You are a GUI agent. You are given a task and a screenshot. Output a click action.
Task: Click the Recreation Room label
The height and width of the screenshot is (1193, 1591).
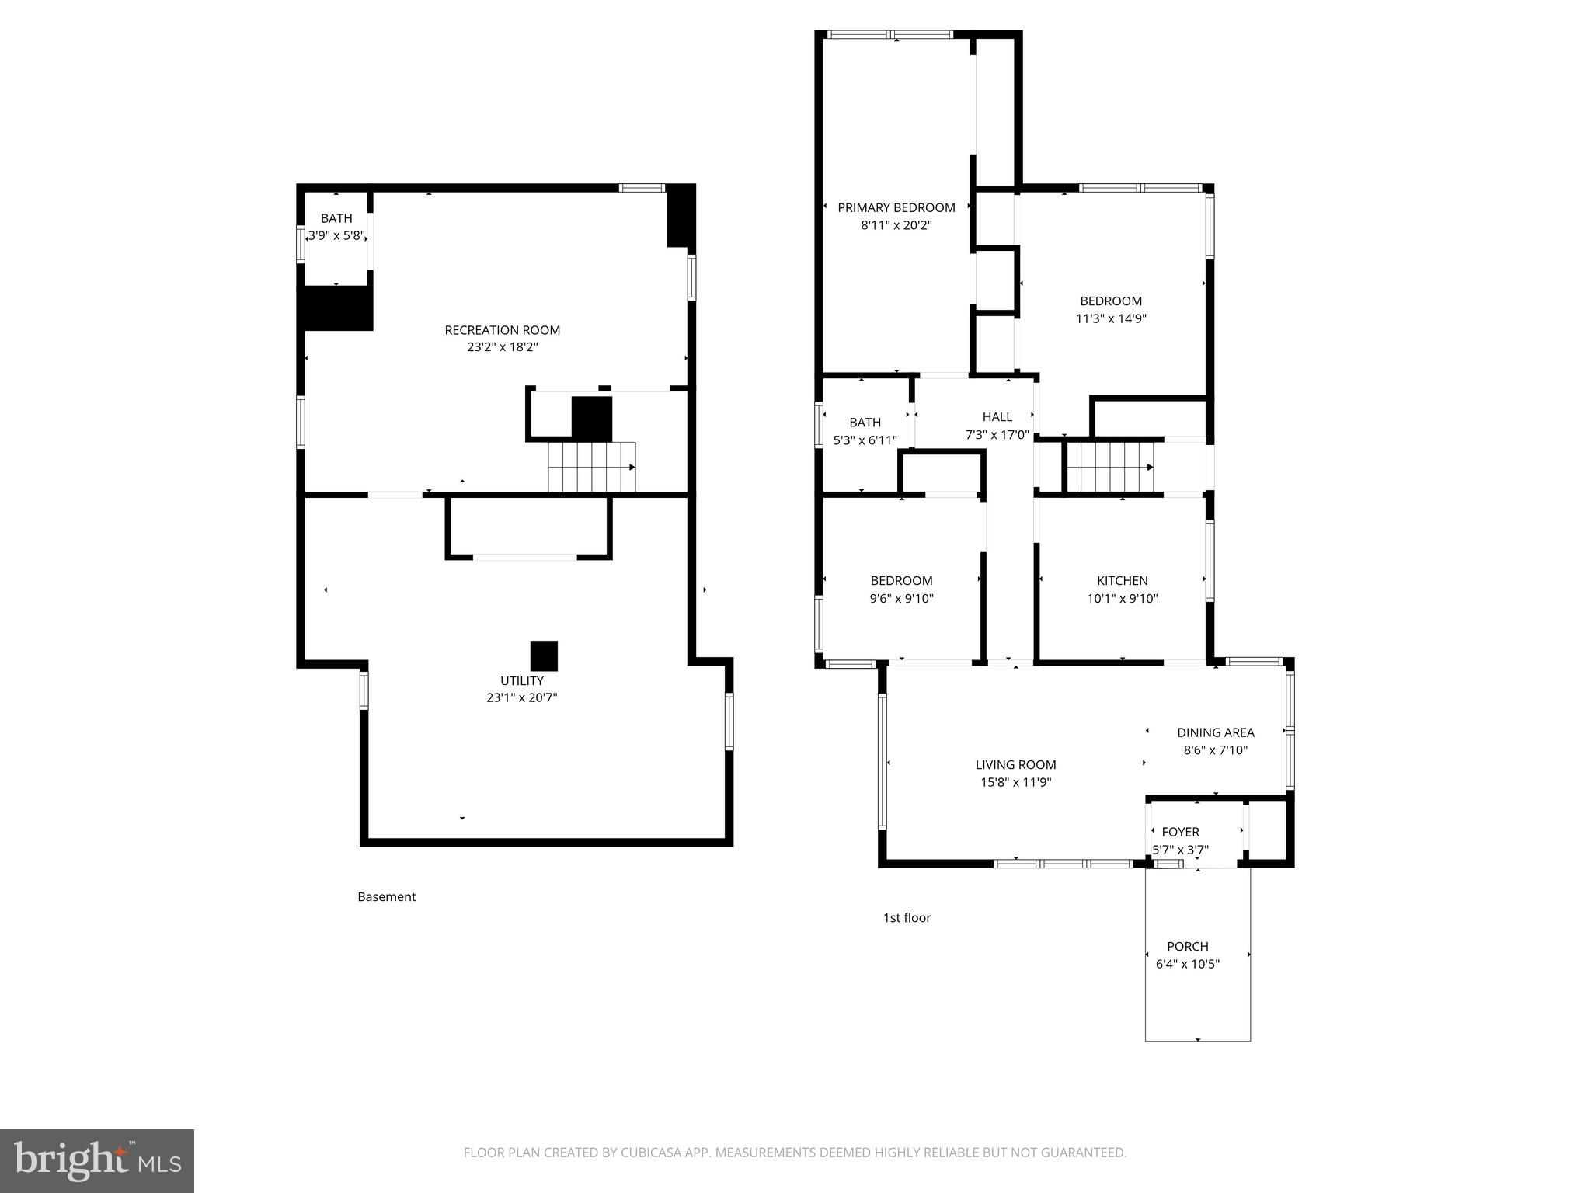coord(502,330)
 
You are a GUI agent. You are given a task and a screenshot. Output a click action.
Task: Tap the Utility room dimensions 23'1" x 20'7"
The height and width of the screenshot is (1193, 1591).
coord(521,697)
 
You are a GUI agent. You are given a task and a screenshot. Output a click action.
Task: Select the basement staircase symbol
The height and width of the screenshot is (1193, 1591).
coord(591,467)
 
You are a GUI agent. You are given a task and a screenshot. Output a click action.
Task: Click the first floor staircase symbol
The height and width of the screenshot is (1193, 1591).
coord(1109,467)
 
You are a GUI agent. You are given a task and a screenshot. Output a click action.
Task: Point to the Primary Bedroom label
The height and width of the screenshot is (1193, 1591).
coord(896,207)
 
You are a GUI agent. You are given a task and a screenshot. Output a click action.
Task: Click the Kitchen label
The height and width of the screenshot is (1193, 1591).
coord(1122,580)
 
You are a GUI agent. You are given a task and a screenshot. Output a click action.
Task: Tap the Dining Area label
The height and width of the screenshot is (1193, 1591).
coord(1215,732)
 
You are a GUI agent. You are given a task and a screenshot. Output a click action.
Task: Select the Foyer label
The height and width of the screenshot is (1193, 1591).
coord(1180,832)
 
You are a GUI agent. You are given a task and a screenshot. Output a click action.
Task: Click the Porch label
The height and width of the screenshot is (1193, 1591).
coord(1187,946)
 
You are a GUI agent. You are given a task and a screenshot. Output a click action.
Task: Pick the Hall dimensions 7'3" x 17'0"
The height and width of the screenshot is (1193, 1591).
coord(997,435)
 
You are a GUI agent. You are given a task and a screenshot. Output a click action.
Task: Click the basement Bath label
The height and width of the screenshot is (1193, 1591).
coord(336,218)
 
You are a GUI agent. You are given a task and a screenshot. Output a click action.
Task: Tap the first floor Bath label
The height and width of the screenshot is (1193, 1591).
coord(865,422)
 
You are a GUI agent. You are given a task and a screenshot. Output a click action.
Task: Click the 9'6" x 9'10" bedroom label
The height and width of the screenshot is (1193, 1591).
coord(901,580)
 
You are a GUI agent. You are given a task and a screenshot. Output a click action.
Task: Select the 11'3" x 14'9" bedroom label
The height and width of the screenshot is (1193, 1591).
coord(1110,301)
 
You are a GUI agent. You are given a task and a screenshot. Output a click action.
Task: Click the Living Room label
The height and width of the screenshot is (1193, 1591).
coord(1015,764)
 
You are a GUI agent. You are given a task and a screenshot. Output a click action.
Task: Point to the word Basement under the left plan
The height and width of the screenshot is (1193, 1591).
coord(386,896)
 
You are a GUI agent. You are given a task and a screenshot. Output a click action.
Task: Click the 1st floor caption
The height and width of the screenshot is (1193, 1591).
coord(907,917)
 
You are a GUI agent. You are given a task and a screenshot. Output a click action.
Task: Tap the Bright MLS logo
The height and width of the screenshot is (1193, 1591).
coord(96,1160)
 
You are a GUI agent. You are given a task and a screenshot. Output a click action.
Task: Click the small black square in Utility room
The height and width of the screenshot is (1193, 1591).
coord(544,656)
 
